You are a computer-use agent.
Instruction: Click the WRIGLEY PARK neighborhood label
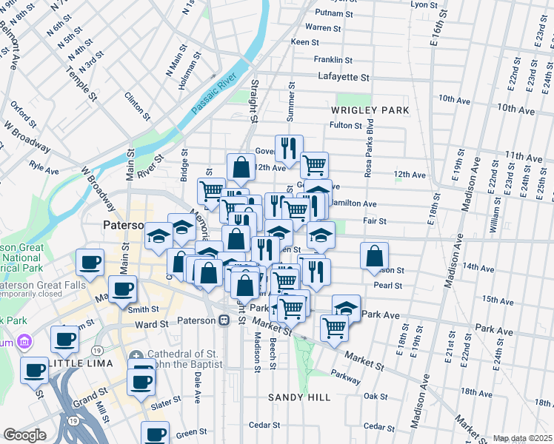(x=370, y=110)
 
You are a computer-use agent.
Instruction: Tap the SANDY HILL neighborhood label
(x=299, y=397)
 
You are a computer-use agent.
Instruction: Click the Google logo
(x=24, y=435)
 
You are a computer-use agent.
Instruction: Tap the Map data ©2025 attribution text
(x=522, y=438)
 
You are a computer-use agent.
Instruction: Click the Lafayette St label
(x=343, y=77)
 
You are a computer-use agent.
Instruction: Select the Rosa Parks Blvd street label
(x=368, y=156)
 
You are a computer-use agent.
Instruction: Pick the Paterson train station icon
(x=223, y=321)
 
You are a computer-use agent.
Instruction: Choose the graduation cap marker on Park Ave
(x=345, y=307)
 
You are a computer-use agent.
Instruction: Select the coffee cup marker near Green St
(x=156, y=434)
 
